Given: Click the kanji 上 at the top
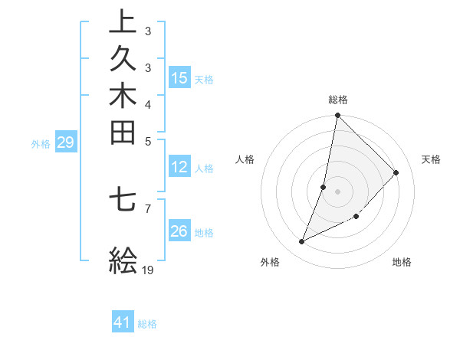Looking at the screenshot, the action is tap(123, 21).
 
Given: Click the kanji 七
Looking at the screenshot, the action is tap(123, 200).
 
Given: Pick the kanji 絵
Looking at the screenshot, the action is tap(123, 260).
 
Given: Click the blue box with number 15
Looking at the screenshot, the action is tap(179, 78).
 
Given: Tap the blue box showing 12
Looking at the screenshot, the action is tap(179, 168).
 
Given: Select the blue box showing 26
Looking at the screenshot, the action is tap(179, 232).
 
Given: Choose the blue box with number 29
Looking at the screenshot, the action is tap(65, 142).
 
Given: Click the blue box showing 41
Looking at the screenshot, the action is tap(123, 323).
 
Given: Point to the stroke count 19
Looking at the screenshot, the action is tap(149, 270).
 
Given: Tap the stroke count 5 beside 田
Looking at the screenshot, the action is tap(148, 141).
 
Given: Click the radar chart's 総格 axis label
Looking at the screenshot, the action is tap(338, 100).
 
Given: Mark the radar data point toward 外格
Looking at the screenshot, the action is tap(302, 242).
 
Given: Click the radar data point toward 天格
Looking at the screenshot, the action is tap(396, 172).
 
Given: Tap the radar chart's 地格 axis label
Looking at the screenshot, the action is tap(402, 262).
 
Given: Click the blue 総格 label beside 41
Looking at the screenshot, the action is tap(147, 324).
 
